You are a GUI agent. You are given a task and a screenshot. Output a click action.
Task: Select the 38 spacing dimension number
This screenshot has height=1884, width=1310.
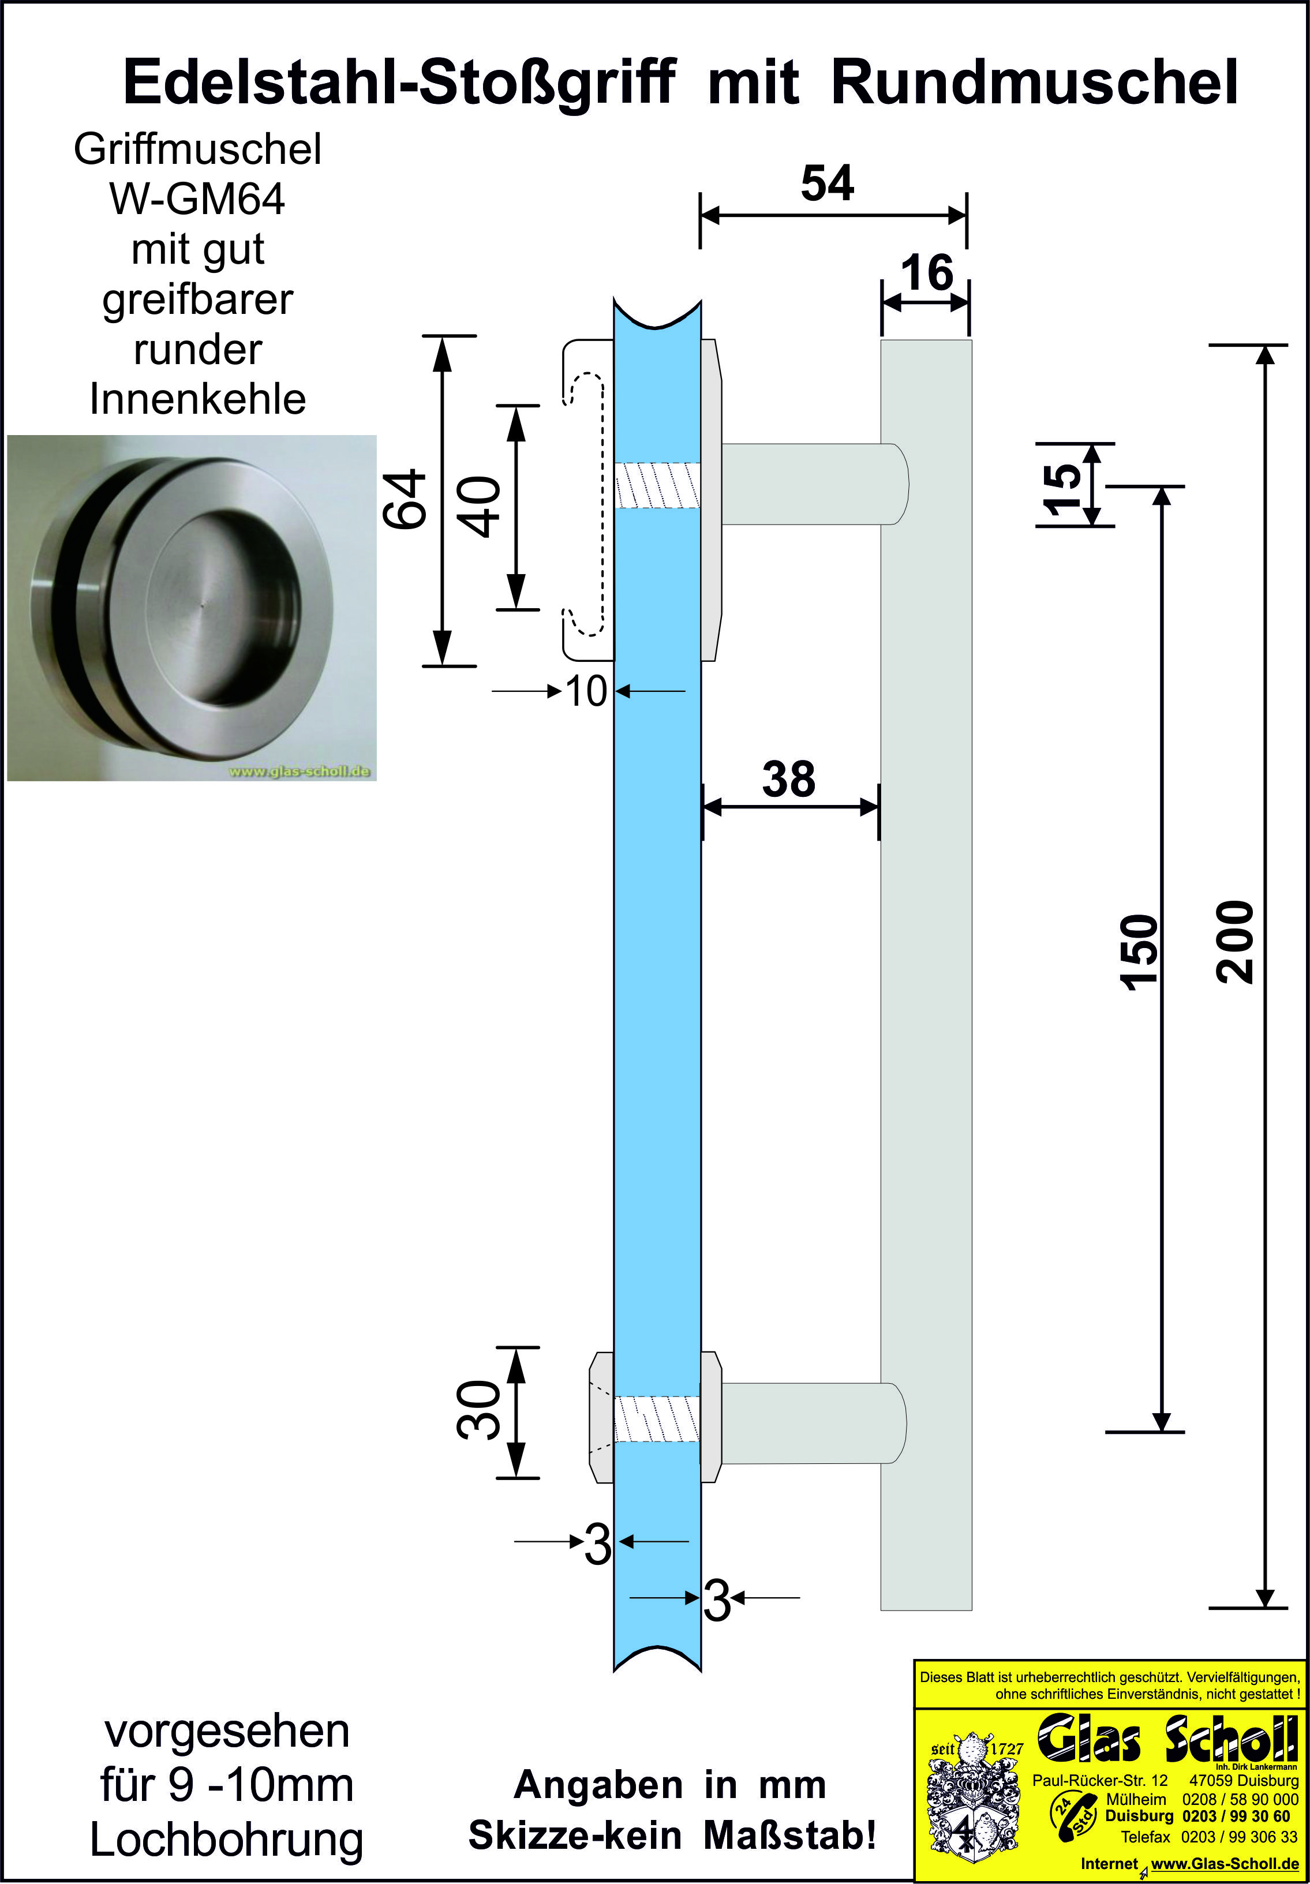(x=789, y=779)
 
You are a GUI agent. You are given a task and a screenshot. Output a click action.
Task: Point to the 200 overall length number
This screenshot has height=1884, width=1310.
(x=1236, y=942)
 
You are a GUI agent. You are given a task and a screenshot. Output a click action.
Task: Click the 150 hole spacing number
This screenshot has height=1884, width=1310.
(x=1139, y=952)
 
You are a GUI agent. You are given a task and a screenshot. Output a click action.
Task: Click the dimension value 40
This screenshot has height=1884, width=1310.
(x=484, y=507)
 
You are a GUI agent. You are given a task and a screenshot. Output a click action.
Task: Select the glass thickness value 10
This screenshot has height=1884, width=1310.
(x=586, y=692)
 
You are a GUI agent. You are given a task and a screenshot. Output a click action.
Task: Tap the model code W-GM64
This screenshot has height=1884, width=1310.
(x=197, y=200)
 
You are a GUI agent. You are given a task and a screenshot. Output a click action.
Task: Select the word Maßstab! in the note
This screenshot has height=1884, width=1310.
(x=789, y=1835)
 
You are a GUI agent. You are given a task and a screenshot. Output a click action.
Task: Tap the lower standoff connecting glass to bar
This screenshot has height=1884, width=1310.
(x=813, y=1423)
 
